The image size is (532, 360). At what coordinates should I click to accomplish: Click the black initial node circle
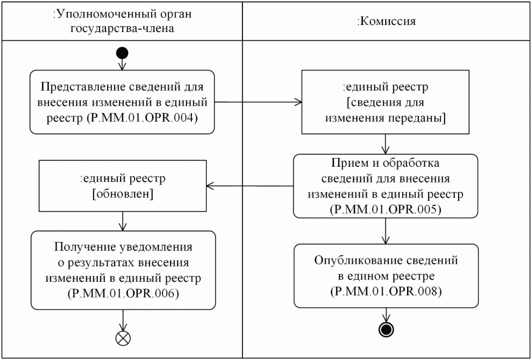point(122,53)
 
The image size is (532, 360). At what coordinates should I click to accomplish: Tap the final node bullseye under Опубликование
point(386,329)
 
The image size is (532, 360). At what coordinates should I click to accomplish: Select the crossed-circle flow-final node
point(123,338)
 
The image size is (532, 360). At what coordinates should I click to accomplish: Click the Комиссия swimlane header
point(386,21)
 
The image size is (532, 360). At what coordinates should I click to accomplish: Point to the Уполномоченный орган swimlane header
point(122,21)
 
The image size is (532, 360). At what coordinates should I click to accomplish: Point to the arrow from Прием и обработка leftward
point(250,186)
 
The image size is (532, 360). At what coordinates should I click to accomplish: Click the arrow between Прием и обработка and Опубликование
point(386,230)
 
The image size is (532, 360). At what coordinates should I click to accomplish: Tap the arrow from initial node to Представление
point(122,64)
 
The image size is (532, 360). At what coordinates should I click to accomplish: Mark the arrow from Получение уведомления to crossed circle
point(123,319)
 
